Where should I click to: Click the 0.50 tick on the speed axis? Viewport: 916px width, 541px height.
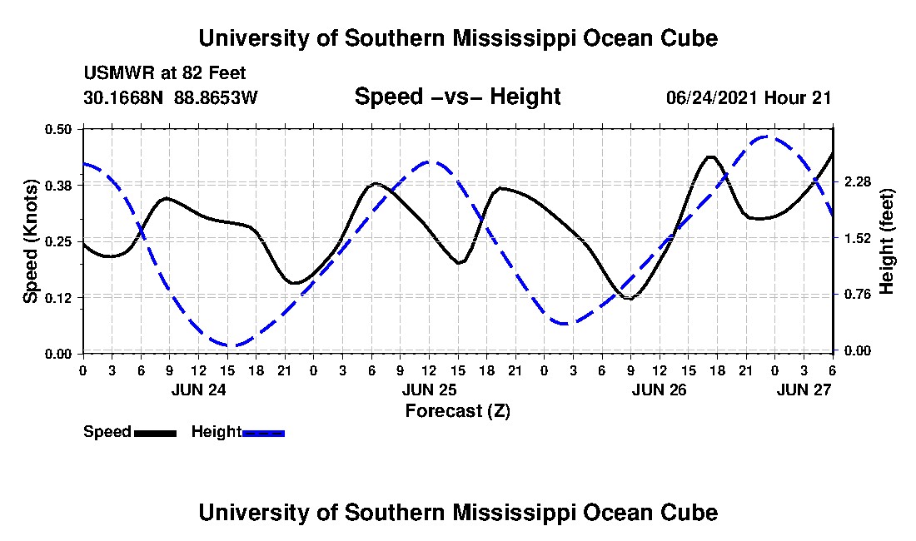pos(60,129)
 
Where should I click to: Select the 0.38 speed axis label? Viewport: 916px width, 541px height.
pos(60,185)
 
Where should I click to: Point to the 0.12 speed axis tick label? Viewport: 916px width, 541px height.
pos(60,297)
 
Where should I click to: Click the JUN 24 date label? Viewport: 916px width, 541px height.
pos(198,390)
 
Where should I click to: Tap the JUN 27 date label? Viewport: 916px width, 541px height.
pos(804,390)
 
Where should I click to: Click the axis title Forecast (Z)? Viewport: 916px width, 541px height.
pos(457,410)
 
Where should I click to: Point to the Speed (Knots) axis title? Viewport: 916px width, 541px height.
pos(31,241)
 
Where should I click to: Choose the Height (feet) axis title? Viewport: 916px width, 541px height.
pos(886,241)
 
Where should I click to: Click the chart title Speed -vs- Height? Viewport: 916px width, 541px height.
pos(457,97)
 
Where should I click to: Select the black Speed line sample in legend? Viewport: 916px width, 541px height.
pos(155,433)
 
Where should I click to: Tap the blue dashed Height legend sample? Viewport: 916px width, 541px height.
pos(264,433)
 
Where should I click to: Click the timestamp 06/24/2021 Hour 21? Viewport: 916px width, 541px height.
pos(749,97)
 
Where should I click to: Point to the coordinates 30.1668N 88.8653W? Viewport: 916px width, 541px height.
pos(171,97)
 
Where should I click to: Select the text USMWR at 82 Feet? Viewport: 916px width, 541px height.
pos(165,73)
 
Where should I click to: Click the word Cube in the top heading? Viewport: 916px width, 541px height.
pos(689,38)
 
